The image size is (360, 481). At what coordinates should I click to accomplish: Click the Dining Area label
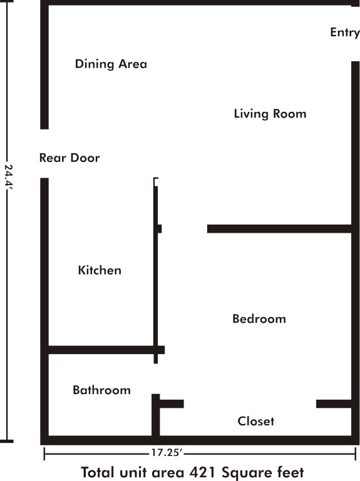point(111,64)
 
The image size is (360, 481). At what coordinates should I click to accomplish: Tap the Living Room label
point(270,114)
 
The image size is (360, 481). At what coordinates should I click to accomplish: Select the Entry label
point(344,33)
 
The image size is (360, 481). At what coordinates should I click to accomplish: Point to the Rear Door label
point(69,158)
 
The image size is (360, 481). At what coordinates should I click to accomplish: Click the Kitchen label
point(100,270)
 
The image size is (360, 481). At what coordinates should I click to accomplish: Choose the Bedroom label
point(259,319)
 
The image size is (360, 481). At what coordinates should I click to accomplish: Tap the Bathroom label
point(101,390)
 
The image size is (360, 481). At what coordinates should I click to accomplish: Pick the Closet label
point(256,421)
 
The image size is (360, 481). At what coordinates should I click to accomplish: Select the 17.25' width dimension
point(167,453)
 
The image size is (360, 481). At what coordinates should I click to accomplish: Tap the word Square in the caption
point(245,473)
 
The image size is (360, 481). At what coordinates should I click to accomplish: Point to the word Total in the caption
point(98,472)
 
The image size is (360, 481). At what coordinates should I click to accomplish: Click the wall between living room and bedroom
point(279,229)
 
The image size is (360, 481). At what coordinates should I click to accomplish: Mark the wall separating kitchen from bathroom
point(106,350)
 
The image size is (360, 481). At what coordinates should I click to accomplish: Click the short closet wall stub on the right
point(334,403)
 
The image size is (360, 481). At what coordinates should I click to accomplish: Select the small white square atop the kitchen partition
point(156,182)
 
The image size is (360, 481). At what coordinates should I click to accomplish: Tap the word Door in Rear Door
point(84,158)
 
